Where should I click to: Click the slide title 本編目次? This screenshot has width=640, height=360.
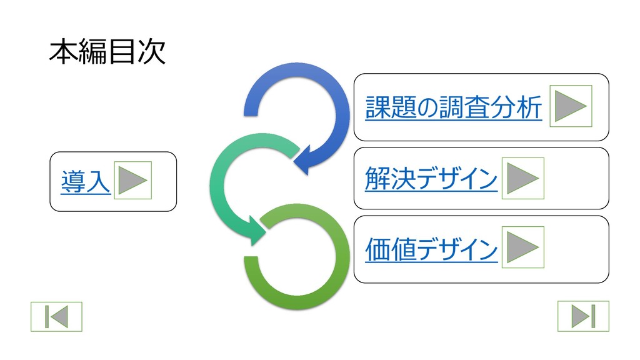coord(107,52)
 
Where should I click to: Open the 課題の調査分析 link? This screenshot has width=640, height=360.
coord(453,108)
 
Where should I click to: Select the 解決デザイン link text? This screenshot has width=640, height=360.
coord(431,179)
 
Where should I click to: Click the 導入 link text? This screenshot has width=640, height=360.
coord(85,181)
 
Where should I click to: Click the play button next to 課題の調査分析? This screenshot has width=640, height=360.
coord(570,106)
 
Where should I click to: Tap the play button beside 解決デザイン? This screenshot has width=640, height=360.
coord(522,179)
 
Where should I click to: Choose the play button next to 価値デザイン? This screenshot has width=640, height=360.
coord(522,247)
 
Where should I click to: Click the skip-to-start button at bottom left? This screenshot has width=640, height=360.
coord(56,317)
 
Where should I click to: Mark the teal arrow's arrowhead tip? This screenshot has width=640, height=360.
coord(265,230)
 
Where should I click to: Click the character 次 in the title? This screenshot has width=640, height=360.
coord(151,52)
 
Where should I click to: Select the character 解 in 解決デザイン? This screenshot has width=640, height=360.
coord(377,179)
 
